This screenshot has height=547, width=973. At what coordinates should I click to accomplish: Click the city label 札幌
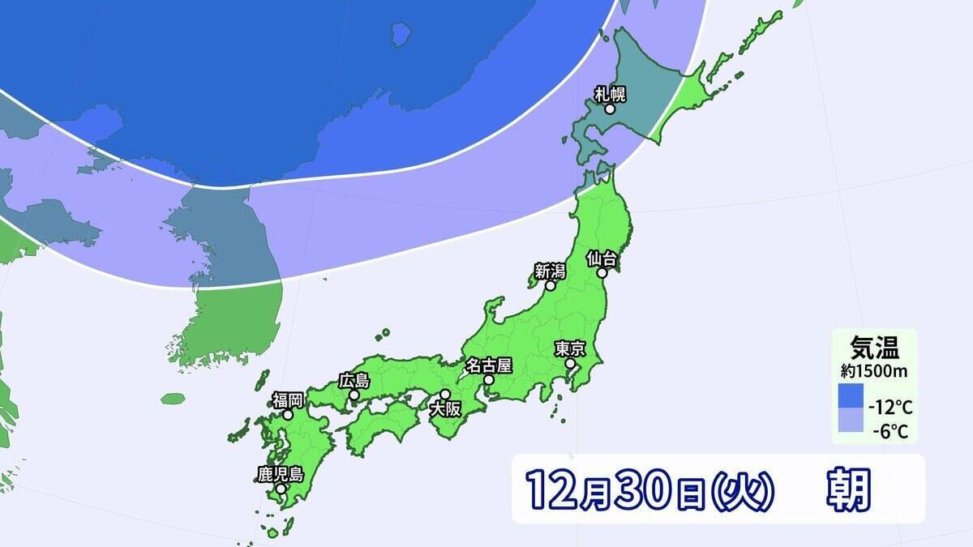(611, 93)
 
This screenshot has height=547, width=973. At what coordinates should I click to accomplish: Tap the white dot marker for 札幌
(611, 109)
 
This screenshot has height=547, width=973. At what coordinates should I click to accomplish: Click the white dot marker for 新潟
(550, 285)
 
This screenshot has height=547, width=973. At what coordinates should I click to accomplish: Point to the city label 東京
(570, 348)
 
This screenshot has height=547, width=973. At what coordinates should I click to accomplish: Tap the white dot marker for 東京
(570, 364)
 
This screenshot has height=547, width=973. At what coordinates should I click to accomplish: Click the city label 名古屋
(488, 365)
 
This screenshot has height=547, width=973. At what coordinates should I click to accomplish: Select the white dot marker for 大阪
(444, 394)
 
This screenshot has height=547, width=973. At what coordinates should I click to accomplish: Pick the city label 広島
(354, 380)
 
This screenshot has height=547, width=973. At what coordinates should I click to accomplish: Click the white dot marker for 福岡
(287, 414)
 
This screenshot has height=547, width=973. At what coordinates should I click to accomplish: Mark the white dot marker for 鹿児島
(281, 489)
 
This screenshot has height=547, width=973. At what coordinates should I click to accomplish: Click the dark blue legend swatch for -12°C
(851, 396)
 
